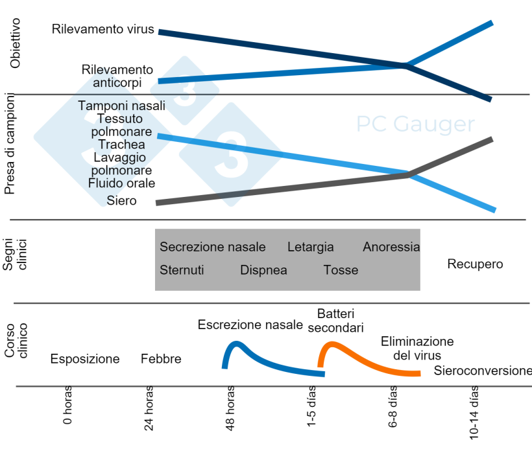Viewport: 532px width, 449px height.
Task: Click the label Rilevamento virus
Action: (x=103, y=29)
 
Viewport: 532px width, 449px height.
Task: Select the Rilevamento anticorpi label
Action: (x=117, y=76)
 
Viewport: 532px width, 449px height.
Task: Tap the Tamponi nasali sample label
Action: (x=121, y=106)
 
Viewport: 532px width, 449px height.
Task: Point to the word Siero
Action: (x=122, y=201)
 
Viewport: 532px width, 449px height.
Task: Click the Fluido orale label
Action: (x=122, y=183)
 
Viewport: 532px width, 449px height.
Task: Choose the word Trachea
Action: (x=122, y=144)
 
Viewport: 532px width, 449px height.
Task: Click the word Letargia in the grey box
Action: (x=310, y=247)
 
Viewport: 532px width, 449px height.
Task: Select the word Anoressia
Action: (x=391, y=247)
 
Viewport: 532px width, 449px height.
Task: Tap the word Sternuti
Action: (x=182, y=270)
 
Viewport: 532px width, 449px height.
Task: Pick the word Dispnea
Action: (x=263, y=270)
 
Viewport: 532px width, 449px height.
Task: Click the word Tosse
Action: (x=341, y=270)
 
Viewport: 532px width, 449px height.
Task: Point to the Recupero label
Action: (x=475, y=264)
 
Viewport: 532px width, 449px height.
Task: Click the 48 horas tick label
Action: (x=232, y=409)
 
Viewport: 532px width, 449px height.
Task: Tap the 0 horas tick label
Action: (x=67, y=406)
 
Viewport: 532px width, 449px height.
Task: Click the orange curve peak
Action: (x=332, y=343)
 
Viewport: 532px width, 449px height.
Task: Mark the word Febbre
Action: (x=161, y=359)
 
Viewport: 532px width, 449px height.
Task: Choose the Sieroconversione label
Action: (x=483, y=371)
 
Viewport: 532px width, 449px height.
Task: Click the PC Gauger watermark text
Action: (x=415, y=124)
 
